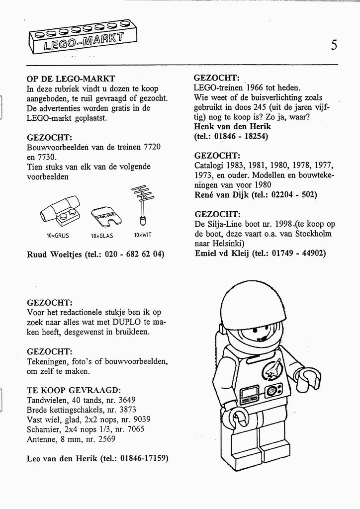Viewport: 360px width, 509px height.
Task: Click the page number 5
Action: click(334, 45)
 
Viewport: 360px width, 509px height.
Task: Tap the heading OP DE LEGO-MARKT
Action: click(71, 79)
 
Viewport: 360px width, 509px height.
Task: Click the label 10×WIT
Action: click(142, 235)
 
